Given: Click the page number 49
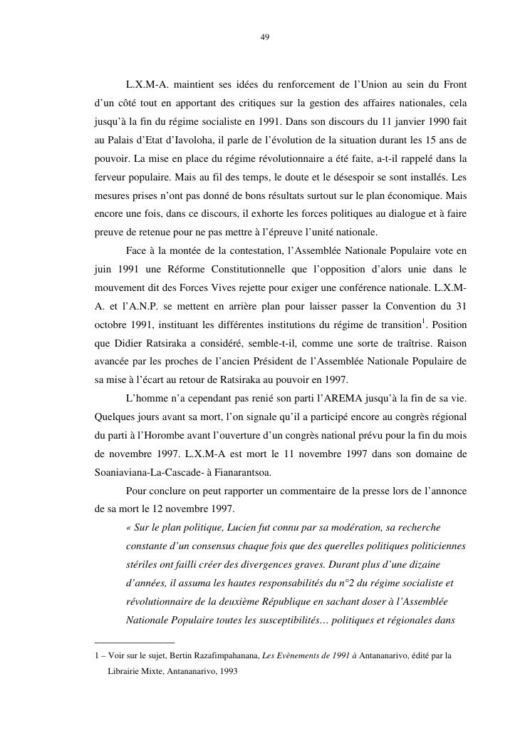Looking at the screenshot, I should (x=265, y=38).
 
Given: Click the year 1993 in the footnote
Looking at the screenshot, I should (x=226, y=671).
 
